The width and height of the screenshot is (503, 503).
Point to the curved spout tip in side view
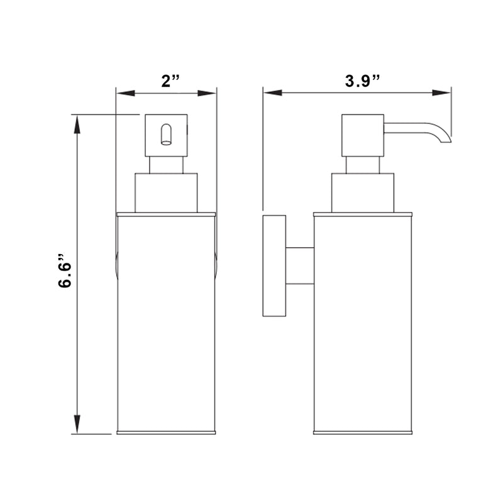point(445,139)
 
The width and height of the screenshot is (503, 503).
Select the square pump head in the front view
point(167,135)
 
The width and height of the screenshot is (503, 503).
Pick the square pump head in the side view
point(363,135)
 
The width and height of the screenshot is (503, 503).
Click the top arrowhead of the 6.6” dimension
point(77,123)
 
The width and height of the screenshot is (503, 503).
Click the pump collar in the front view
point(167,192)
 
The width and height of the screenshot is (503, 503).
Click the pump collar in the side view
point(363,192)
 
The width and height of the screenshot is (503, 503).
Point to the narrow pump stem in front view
point(167,165)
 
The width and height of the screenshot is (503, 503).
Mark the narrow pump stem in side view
point(363,165)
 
